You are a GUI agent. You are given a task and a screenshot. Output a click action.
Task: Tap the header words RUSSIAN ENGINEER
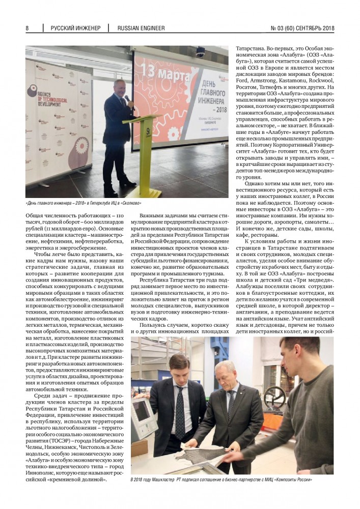coord(141,28)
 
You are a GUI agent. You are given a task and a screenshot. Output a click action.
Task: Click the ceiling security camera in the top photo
coord(201,52)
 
